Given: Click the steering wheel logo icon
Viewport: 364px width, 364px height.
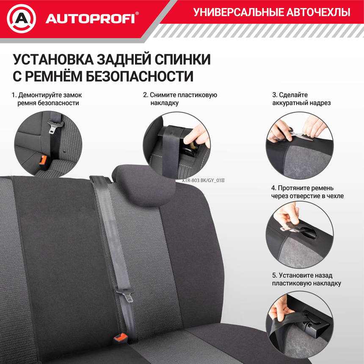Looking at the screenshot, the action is coord(21,19).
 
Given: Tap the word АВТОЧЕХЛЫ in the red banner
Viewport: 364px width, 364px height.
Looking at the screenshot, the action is coord(318,12).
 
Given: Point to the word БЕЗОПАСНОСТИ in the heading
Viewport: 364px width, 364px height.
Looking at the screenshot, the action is coord(140,76).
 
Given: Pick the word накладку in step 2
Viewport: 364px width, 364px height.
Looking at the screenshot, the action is coord(164,103).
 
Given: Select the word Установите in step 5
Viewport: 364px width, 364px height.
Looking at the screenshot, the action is coord(296,275).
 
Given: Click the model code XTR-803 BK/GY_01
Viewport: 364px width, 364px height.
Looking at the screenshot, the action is coord(203,180).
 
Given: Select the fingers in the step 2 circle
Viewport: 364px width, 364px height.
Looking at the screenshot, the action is coord(198,135).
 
